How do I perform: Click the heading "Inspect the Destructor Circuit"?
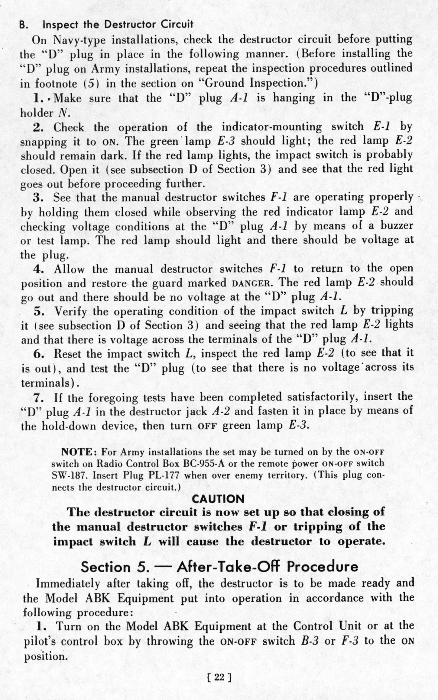point(118,25)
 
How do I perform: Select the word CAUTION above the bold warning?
point(218,499)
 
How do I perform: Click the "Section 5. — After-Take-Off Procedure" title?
point(219,567)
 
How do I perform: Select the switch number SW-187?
point(70,475)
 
